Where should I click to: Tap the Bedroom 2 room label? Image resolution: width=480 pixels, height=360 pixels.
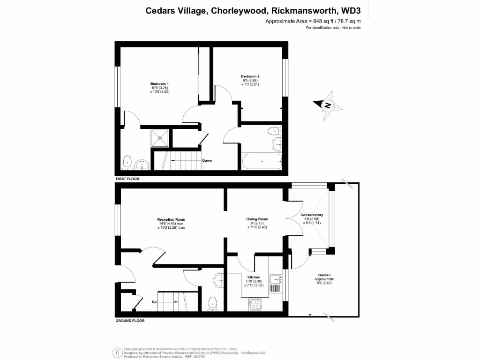coord(250,76)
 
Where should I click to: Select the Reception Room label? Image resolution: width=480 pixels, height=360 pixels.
coord(171,219)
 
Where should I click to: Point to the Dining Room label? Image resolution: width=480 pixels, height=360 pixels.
coord(257,219)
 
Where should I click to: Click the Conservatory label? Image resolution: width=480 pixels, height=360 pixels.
coord(312,215)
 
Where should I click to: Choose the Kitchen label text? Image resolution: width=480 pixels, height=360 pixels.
coord(254,277)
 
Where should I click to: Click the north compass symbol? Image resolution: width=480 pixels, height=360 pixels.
coord(328,105)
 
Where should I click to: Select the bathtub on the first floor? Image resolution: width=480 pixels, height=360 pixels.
coord(262,162)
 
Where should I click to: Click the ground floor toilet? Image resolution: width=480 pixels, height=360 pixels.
coord(213,303)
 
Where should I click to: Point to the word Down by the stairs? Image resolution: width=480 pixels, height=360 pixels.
coord(207,161)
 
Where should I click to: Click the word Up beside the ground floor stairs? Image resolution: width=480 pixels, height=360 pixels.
coord(154,302)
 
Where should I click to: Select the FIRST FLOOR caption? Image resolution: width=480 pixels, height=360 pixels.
coord(127,179)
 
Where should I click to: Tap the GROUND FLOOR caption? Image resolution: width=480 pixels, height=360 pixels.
coord(130,321)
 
